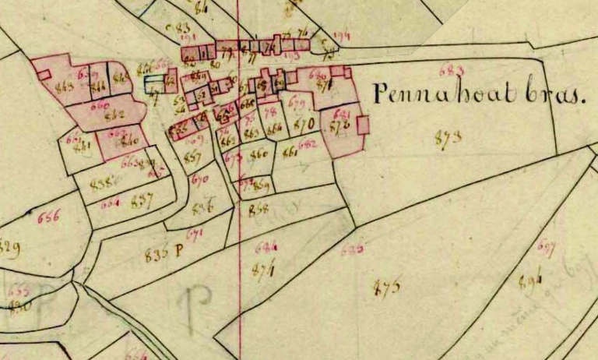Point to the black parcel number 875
387,287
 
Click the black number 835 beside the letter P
157,252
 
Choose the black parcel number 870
305,123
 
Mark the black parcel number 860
259,154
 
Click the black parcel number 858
258,210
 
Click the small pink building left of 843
44,74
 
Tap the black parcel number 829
10,249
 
